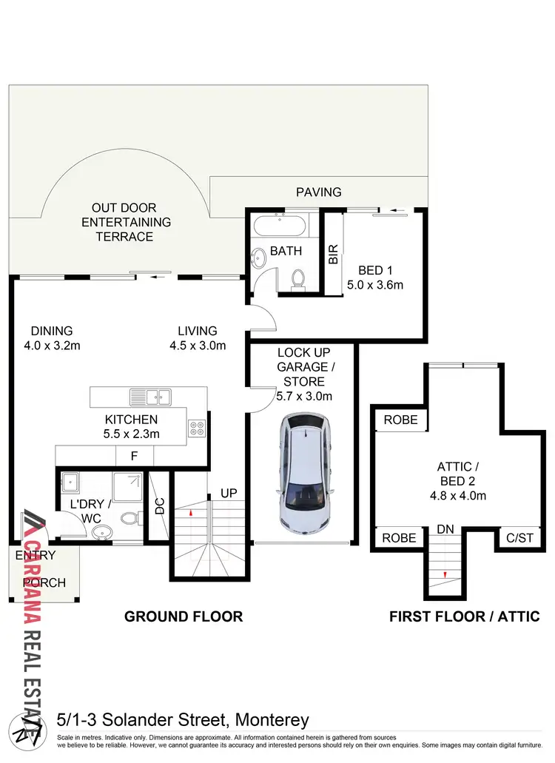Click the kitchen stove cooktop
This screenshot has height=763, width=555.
tap(197, 428)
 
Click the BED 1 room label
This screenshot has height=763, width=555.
tap(375, 269)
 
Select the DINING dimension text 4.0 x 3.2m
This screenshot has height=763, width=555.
tap(52, 345)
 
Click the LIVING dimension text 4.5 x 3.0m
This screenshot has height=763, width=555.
tap(197, 345)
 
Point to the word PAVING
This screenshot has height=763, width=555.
tap(319, 192)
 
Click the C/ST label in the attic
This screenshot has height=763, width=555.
tap(514, 538)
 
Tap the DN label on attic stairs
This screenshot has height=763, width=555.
tap(445, 530)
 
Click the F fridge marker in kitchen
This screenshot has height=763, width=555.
tap(134, 456)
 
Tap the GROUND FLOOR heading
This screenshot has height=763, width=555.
tap(184, 616)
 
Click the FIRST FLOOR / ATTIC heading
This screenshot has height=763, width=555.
tap(465, 616)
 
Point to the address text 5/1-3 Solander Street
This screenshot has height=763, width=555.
tap(183, 719)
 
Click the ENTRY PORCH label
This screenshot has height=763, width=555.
tap(41, 568)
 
